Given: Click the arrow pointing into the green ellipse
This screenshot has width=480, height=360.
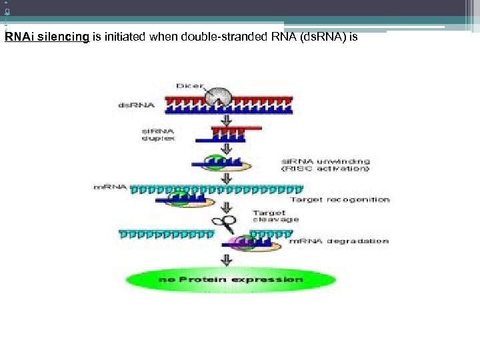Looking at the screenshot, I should click(x=226, y=259).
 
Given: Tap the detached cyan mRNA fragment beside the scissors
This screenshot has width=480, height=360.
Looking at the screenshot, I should click(x=166, y=233).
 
